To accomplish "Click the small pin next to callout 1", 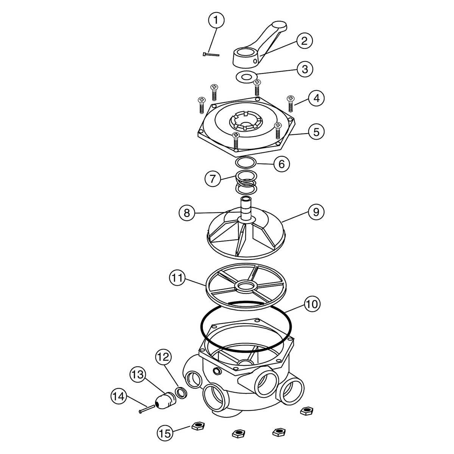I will [211, 54].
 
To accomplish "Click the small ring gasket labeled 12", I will [181, 392].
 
